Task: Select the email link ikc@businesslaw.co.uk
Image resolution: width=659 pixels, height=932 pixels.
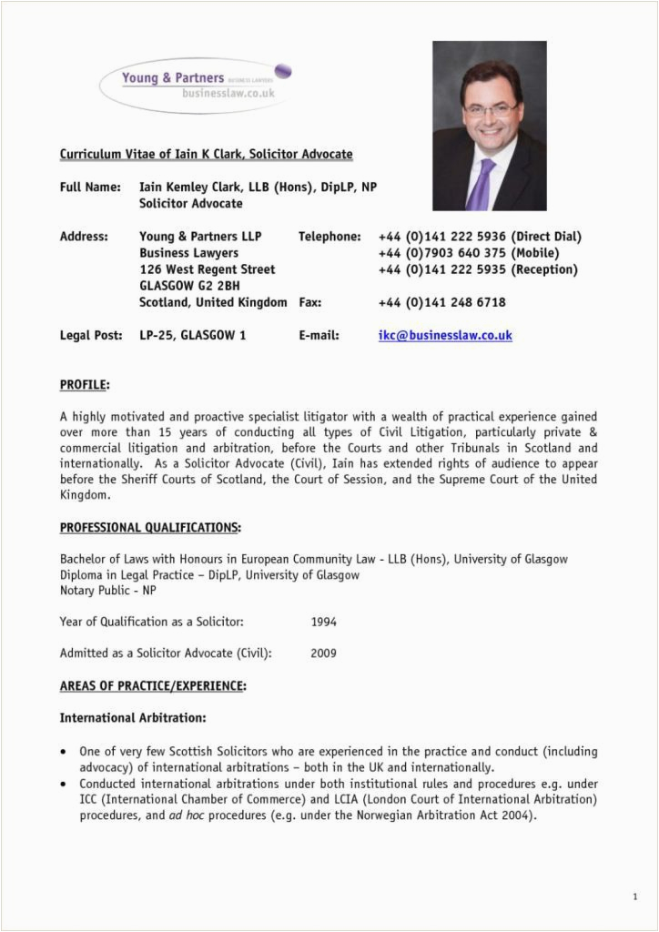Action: (x=445, y=335)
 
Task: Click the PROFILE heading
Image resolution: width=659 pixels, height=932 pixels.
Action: (x=84, y=385)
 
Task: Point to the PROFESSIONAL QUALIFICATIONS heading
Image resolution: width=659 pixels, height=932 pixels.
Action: (x=150, y=527)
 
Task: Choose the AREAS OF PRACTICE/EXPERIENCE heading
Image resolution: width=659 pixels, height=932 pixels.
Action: (x=153, y=685)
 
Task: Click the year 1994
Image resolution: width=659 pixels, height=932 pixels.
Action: (x=323, y=623)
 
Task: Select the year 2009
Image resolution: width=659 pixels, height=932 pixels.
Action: (x=323, y=653)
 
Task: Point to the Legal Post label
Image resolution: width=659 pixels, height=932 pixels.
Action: (x=90, y=335)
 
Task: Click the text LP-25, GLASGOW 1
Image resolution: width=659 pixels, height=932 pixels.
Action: (x=192, y=335)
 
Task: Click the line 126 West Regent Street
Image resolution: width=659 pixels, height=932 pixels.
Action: (x=207, y=269)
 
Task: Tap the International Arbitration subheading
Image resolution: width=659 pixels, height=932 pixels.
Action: (x=133, y=718)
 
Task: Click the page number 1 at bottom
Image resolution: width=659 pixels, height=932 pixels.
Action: (x=634, y=897)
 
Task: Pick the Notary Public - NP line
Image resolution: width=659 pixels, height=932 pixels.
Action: (x=107, y=591)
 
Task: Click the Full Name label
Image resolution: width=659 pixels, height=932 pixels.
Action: (x=90, y=187)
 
